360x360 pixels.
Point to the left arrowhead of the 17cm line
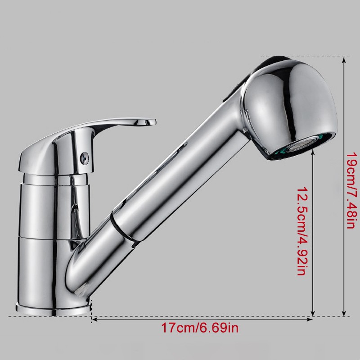point(94,319)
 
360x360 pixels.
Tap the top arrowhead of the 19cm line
point(344,58)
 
